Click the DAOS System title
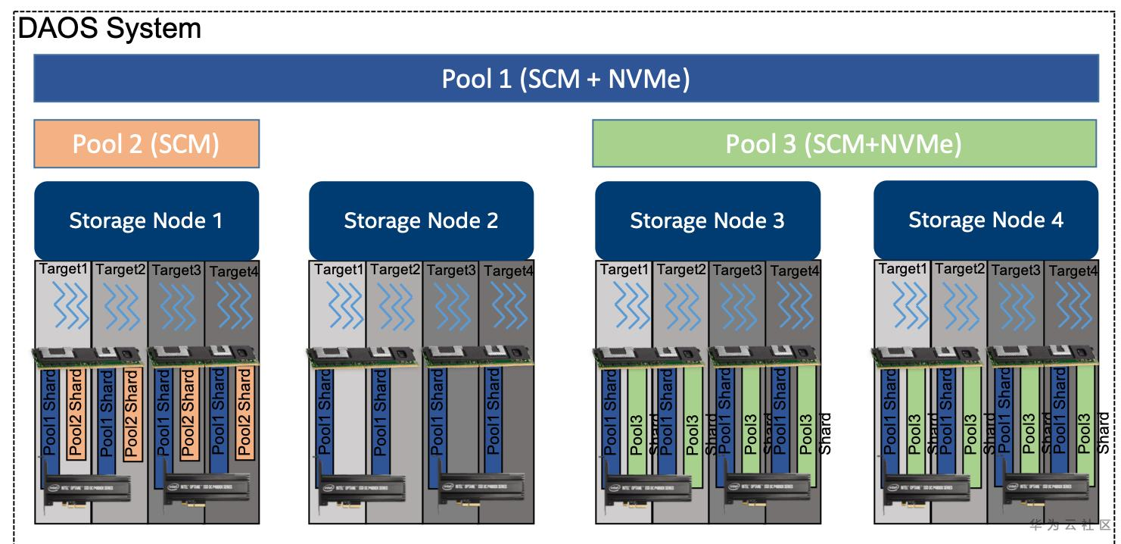[x=110, y=29]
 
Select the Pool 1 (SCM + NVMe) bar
[x=565, y=79]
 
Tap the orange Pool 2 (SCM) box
[x=146, y=143]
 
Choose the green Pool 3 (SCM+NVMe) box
[x=843, y=143]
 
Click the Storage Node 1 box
[x=146, y=220]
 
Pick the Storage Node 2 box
[x=421, y=220]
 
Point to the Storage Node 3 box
[x=707, y=220]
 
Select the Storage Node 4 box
[x=986, y=220]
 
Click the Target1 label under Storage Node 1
[x=64, y=269]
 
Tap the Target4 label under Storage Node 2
[x=509, y=270]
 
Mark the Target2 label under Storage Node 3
[x=681, y=269]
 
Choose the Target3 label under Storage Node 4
[x=1016, y=270]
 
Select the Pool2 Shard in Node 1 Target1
[x=75, y=413]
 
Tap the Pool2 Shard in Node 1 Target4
[x=244, y=413]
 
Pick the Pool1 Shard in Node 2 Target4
[x=494, y=413]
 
